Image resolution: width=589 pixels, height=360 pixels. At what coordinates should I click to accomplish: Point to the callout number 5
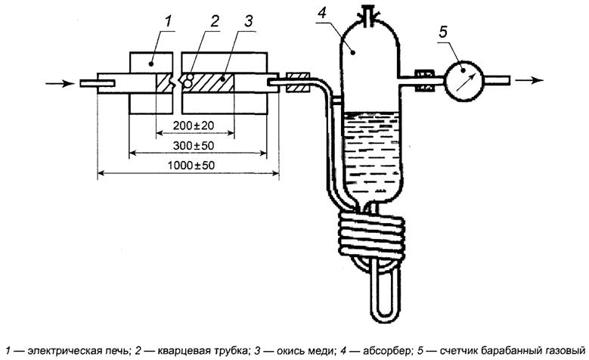[445, 33]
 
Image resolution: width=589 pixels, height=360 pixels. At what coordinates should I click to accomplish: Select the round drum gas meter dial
[463, 79]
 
